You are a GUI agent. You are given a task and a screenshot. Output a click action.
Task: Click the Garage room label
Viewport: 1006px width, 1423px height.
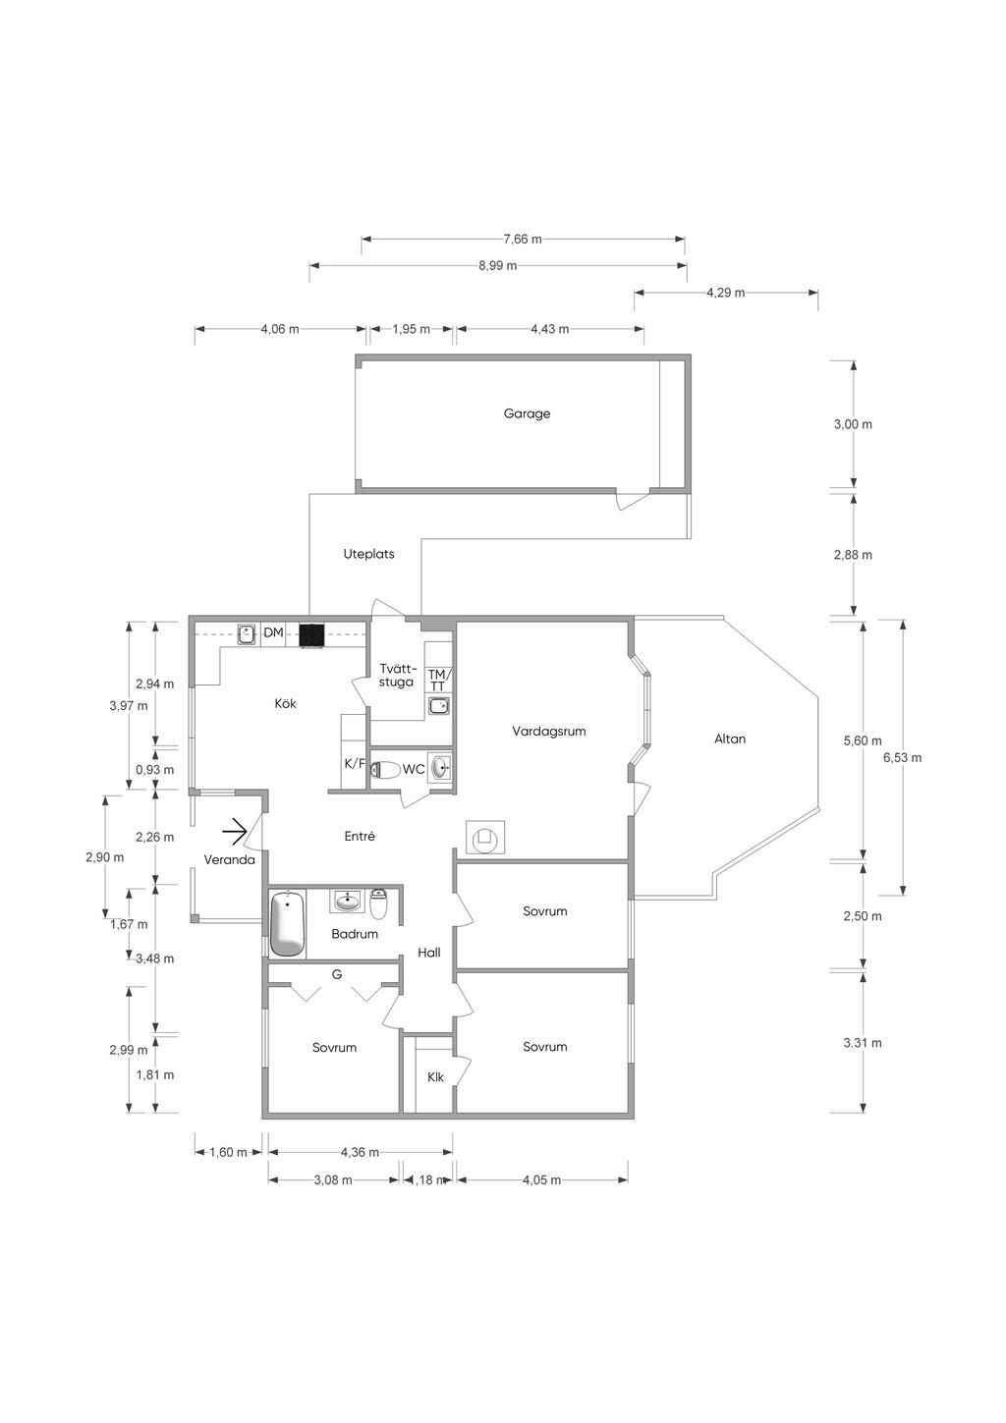(527, 414)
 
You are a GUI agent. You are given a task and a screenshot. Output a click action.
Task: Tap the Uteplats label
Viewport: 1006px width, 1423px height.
(368, 554)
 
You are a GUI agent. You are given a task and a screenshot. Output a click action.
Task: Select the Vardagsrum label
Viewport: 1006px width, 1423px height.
(548, 732)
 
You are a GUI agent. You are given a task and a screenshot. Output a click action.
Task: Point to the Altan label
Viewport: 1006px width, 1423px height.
(730, 739)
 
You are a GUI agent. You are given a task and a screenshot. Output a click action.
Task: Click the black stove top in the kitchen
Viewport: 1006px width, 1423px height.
(311, 636)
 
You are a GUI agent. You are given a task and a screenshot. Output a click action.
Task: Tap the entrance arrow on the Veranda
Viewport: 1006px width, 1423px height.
(235, 832)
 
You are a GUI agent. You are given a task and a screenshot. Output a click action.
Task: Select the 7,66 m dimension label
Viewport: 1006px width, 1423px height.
(523, 240)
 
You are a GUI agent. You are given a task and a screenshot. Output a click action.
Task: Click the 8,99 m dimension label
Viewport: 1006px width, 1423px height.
(498, 265)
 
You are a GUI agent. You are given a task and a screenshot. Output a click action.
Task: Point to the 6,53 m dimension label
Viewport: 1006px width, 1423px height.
(902, 757)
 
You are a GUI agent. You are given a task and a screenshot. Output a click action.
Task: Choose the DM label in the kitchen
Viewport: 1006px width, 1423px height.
(273, 632)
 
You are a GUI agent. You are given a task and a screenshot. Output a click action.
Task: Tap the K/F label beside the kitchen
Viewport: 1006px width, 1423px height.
(355, 764)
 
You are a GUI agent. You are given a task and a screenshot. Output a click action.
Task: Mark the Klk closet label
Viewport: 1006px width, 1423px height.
(435, 1077)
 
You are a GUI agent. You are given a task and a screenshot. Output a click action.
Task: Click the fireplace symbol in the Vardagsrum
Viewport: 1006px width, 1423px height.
(486, 838)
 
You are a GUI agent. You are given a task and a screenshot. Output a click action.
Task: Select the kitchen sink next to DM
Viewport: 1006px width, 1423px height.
(247, 634)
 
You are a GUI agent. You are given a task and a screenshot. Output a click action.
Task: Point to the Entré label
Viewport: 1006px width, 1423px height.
(360, 837)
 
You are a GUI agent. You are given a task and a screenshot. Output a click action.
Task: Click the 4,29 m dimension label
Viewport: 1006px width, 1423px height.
(725, 293)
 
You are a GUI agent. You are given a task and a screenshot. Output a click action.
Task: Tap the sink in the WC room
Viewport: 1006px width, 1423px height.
(440, 768)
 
